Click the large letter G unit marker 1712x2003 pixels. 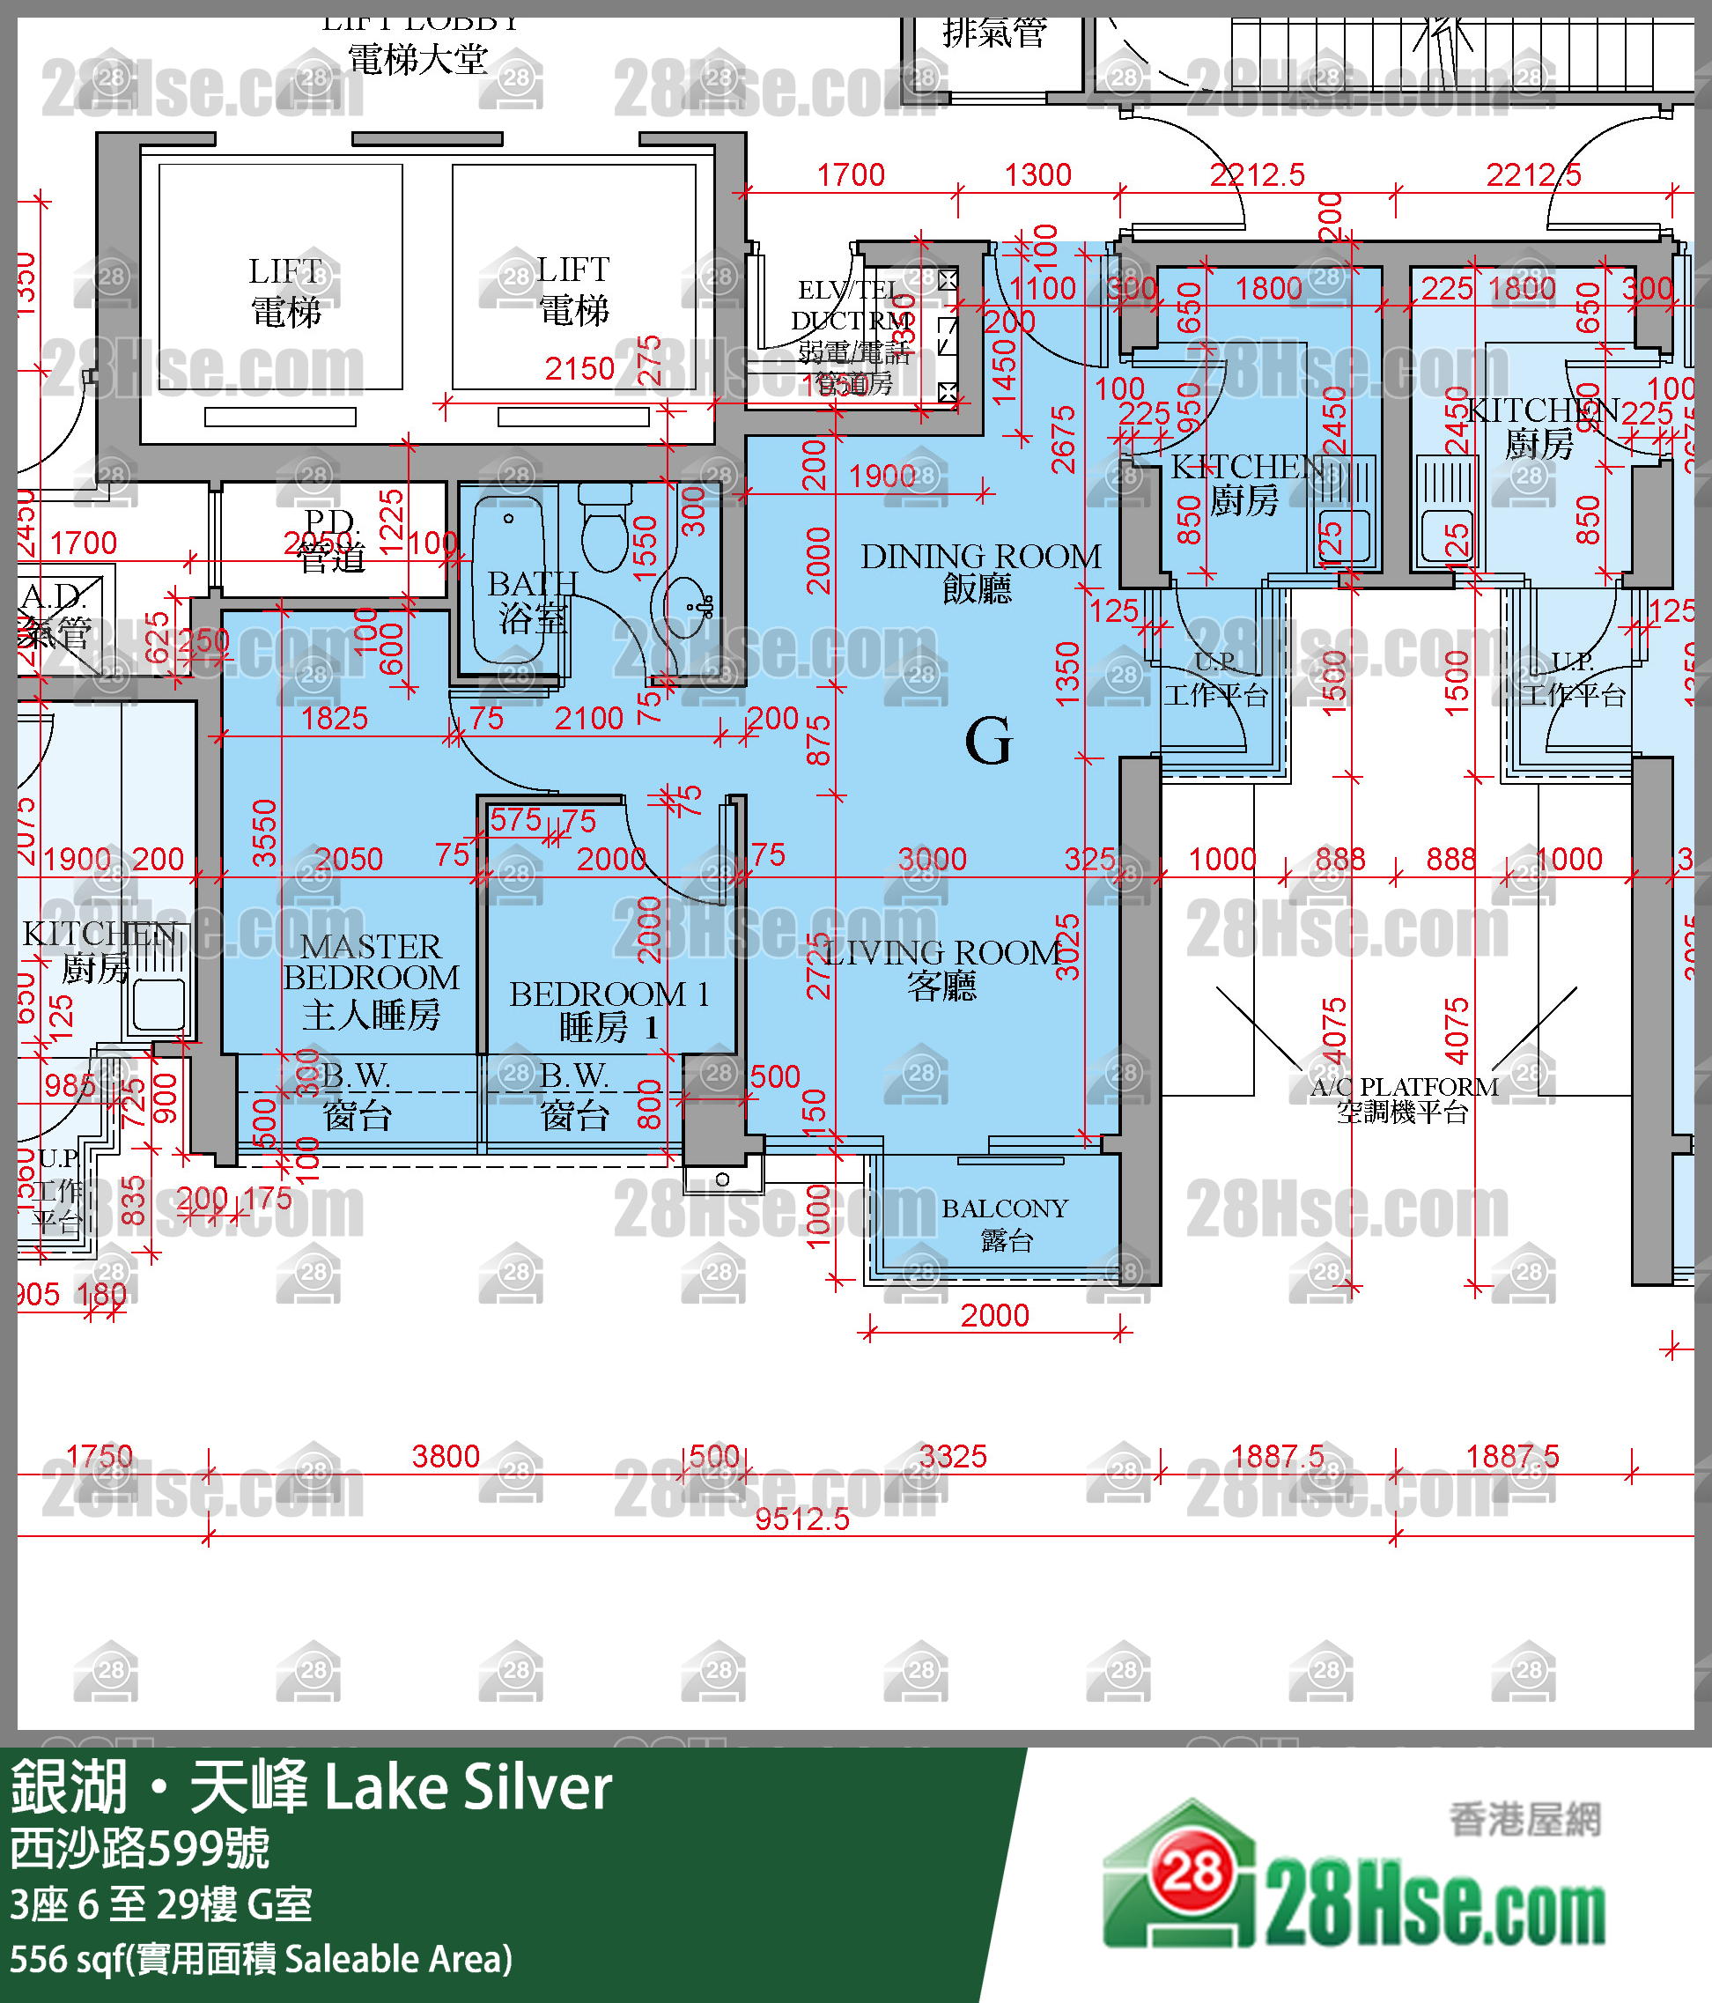[x=988, y=743]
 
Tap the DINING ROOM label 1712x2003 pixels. [x=979, y=571]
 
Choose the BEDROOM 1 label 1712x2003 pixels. [x=609, y=1009]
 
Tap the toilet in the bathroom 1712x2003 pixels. [x=605, y=531]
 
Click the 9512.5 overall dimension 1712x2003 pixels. [x=801, y=1519]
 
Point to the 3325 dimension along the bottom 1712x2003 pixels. [x=952, y=1456]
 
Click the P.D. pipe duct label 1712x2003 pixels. [x=330, y=539]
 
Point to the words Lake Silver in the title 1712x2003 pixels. [x=468, y=1787]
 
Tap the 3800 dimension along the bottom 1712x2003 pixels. [x=445, y=1456]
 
